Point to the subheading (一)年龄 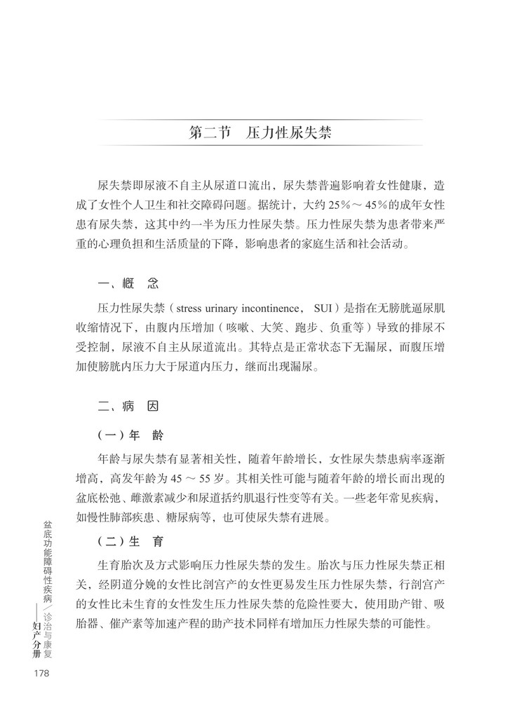click(x=130, y=435)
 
